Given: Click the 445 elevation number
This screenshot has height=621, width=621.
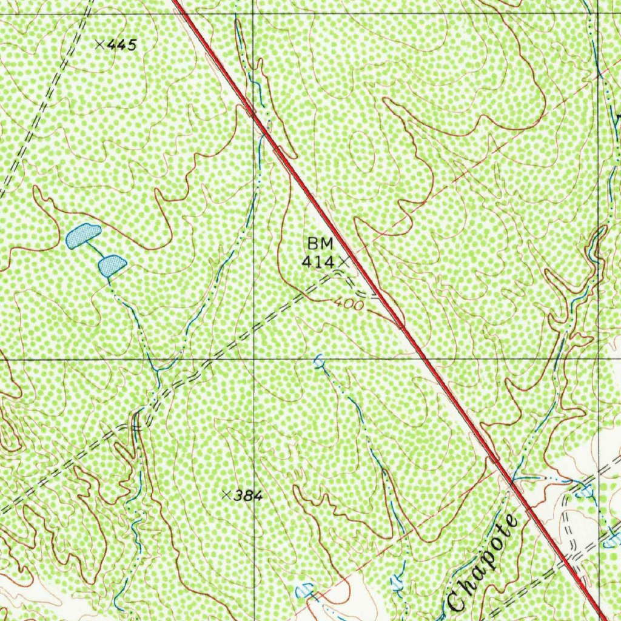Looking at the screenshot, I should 124,44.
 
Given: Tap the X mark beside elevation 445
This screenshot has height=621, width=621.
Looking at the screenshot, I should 101,44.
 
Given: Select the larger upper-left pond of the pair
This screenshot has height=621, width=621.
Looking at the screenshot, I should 82,235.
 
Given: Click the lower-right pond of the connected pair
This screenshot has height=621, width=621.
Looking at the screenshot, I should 112,265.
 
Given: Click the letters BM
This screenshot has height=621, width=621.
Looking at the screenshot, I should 320,244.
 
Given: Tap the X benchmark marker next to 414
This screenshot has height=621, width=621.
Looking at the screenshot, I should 344,261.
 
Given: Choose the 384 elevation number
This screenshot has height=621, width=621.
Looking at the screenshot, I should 248,496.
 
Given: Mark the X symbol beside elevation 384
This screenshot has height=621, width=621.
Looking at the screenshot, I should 226,495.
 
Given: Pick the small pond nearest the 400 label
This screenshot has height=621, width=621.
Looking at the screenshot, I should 319,363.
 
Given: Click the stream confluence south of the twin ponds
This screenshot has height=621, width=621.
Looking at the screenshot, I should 159,369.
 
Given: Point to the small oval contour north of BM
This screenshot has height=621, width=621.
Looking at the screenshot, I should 364,149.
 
